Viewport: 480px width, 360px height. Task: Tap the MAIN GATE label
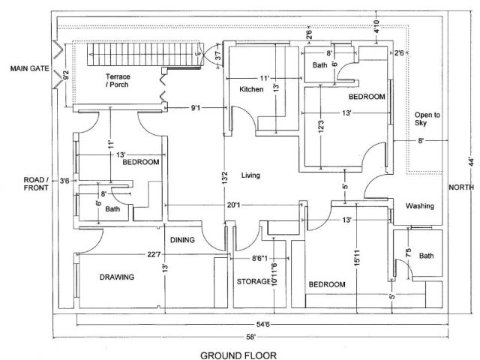[29, 69]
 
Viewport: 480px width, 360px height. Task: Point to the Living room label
[250, 176]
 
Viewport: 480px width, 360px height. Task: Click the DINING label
[182, 241]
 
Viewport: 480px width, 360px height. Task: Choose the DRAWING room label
[117, 277]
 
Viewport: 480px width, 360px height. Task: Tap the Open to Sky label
[427, 119]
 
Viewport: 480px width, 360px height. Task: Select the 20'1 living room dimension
[232, 205]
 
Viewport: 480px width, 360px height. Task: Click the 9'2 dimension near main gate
[67, 76]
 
